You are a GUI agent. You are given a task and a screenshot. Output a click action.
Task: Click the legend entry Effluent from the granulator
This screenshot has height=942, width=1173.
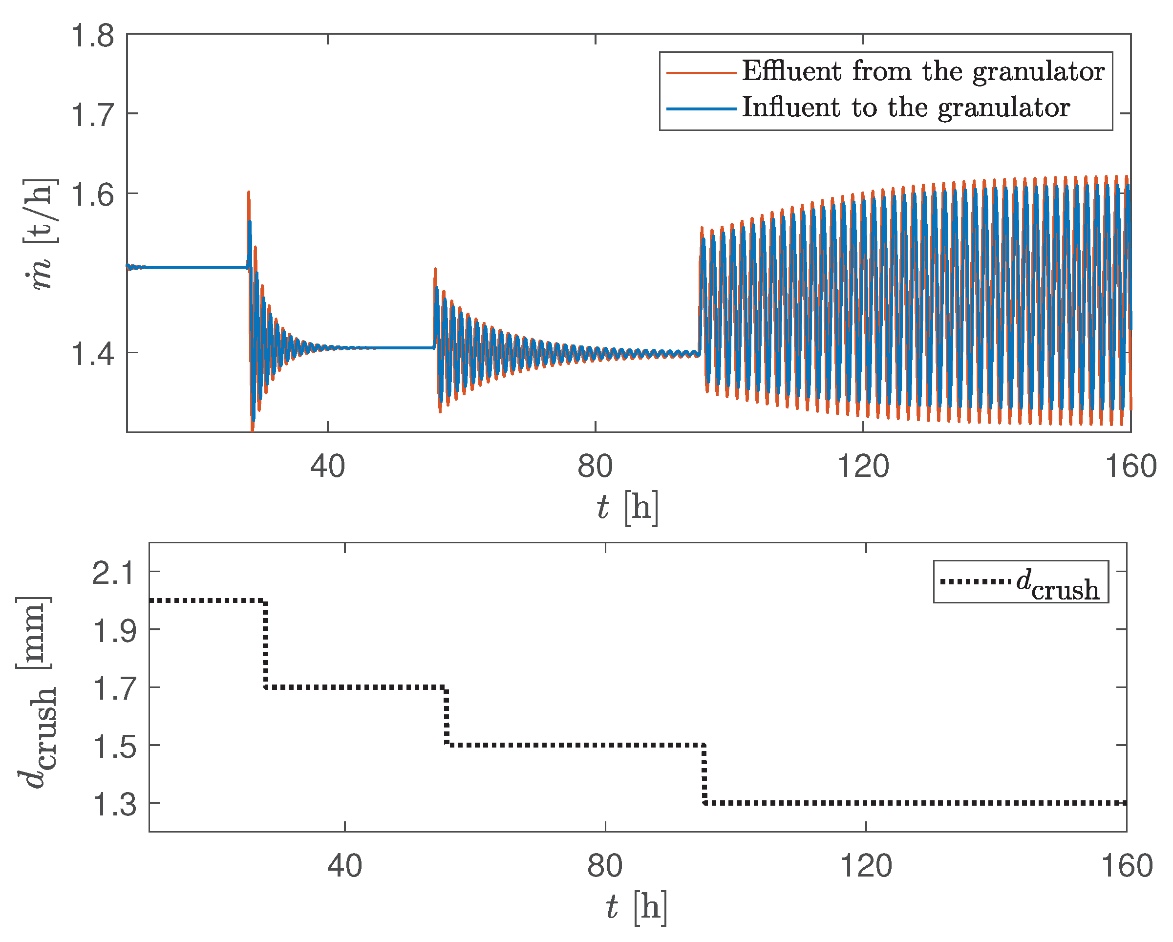click(923, 71)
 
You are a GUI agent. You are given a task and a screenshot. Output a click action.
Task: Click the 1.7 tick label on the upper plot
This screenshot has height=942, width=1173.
click(92, 115)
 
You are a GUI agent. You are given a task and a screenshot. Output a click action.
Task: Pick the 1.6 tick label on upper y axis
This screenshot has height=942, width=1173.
click(92, 195)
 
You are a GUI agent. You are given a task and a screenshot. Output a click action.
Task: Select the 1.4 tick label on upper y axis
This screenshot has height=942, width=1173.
click(92, 354)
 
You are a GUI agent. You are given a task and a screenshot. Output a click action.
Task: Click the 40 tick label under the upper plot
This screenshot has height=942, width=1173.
click(327, 467)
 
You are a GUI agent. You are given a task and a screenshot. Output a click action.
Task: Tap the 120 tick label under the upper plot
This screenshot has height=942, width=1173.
click(863, 467)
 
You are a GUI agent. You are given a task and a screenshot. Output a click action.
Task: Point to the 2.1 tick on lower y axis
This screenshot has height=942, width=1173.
click(114, 573)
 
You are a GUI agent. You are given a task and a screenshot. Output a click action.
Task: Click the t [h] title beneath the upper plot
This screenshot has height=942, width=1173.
click(627, 507)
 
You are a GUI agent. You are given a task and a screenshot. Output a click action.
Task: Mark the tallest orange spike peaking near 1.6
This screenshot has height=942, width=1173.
click(249, 193)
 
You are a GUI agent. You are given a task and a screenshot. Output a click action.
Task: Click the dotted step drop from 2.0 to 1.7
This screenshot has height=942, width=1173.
click(265, 644)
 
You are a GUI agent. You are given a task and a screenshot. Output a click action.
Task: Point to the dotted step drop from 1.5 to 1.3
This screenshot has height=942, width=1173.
click(704, 774)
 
